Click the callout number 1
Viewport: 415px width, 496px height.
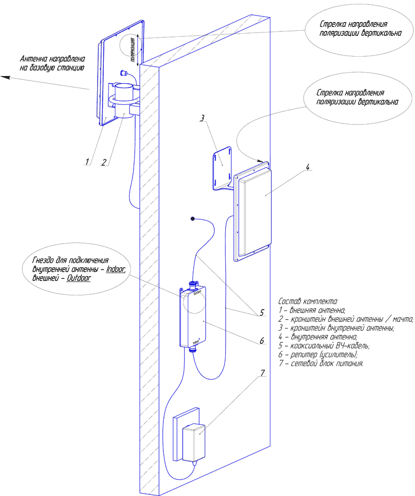click(87, 161)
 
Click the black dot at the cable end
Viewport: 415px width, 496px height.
click(193, 219)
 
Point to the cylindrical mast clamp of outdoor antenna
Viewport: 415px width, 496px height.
click(125, 99)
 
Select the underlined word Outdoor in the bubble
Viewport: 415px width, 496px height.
click(78, 279)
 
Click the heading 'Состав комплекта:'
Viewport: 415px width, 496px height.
click(308, 301)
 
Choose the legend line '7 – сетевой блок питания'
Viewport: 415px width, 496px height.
click(321, 364)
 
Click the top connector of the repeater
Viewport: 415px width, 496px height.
click(193, 284)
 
